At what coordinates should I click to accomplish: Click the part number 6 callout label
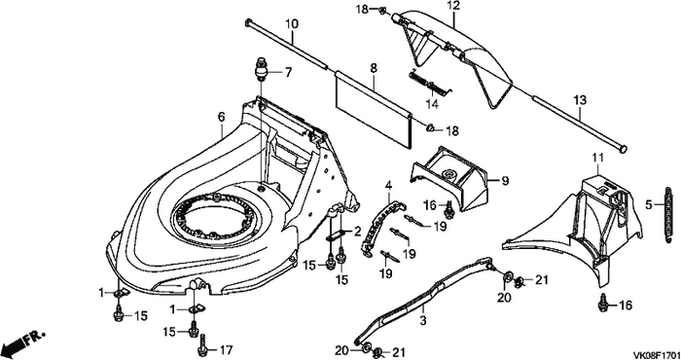click(221, 117)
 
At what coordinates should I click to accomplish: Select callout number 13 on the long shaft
click(580, 100)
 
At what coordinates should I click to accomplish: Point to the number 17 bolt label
click(227, 350)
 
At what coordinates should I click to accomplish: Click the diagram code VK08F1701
click(656, 353)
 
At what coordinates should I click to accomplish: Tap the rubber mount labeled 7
click(261, 69)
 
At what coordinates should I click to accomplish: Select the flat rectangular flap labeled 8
click(374, 111)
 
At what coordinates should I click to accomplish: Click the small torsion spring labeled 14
click(430, 84)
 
